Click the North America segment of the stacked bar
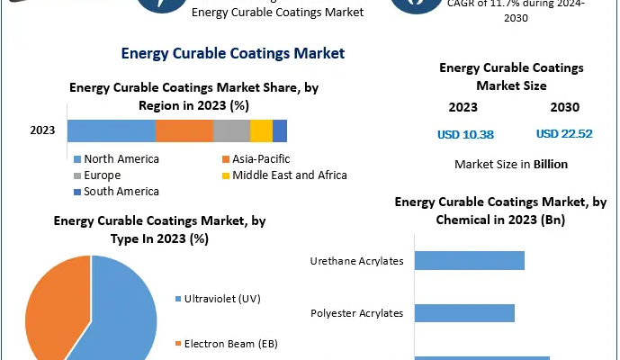111,130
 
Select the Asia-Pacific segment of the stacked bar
184,130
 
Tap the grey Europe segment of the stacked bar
231,130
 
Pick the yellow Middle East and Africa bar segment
261,130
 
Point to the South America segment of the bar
280,130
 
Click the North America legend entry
121,159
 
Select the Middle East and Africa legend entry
289,175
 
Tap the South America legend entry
121,192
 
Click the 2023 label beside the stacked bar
42,130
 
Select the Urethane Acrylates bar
469,261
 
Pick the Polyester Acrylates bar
464,313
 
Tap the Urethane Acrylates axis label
356,261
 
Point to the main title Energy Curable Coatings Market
233,53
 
